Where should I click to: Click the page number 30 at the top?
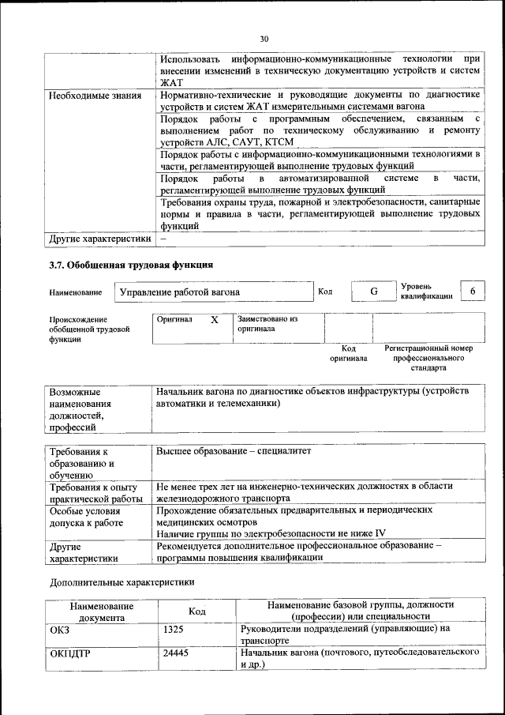coord(264,38)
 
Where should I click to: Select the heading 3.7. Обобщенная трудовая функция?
coord(130,265)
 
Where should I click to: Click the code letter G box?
coord(374,292)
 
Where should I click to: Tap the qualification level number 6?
coord(472,292)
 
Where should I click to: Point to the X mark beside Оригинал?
coord(214,321)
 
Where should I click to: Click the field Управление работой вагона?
coord(178,292)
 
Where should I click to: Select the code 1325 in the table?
coord(173,629)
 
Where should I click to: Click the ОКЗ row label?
coord(60,629)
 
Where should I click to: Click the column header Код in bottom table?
coord(197,611)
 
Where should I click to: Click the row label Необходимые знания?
coord(95,96)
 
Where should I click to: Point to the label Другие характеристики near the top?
coord(99,238)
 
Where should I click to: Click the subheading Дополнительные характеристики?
coord(122,582)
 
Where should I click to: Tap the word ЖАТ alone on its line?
coord(171,81)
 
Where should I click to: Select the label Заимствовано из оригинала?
coord(267,324)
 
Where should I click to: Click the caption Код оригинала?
coord(349,353)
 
